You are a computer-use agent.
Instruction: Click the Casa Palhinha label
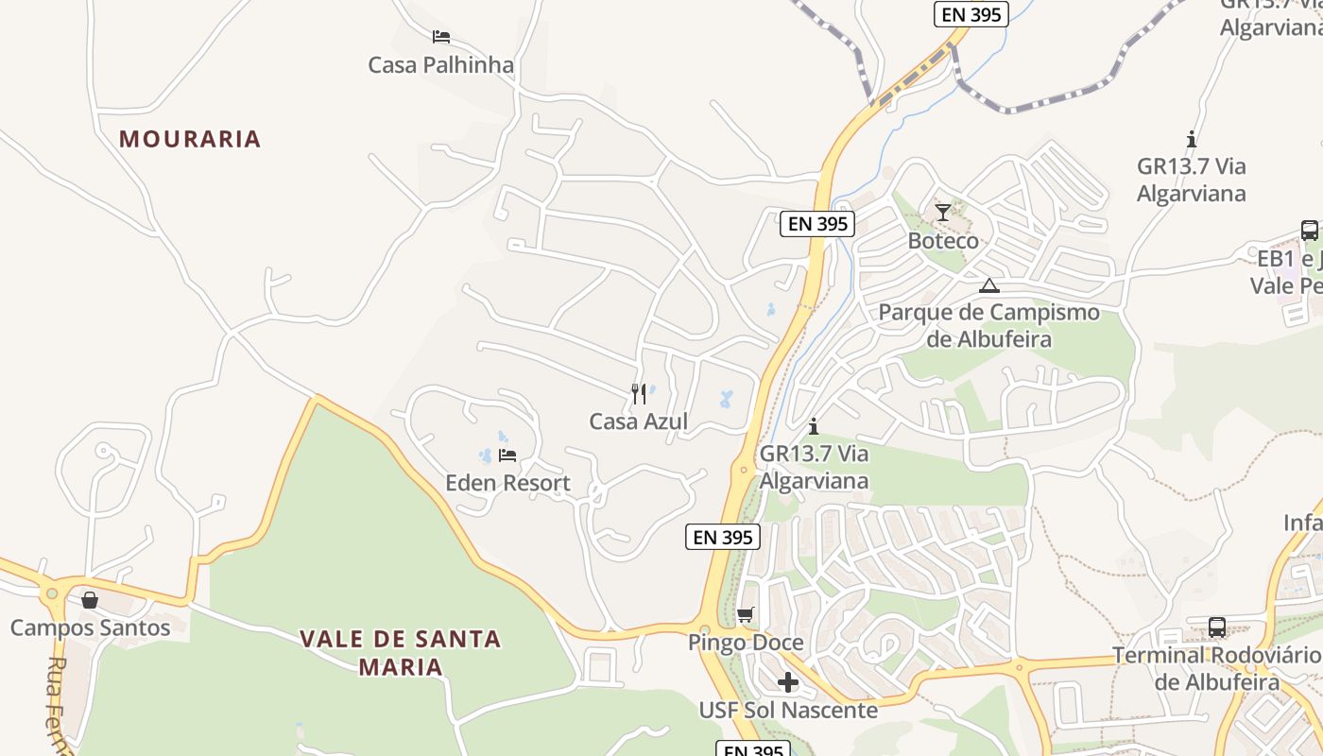coord(440,65)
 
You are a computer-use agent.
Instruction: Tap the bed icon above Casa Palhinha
coord(440,38)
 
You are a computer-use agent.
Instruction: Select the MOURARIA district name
coord(190,139)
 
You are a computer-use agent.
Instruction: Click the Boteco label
coord(943,240)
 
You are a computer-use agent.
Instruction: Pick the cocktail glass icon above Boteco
coord(942,213)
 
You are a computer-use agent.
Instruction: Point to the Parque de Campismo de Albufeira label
coord(988,325)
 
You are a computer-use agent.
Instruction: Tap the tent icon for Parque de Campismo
coord(988,285)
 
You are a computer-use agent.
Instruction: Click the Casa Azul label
coord(639,421)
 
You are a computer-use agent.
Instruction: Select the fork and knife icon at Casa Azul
coord(639,393)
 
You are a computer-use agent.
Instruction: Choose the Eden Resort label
coord(507,483)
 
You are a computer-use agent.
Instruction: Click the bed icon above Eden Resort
coord(507,455)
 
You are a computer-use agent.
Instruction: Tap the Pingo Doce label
coord(746,643)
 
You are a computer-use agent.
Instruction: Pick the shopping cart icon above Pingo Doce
coord(746,615)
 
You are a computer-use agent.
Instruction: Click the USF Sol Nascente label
coord(788,709)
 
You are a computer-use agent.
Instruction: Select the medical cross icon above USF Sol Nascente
coord(788,682)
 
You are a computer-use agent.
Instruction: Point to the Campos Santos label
coord(90,627)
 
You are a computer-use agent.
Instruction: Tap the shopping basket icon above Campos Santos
coord(90,600)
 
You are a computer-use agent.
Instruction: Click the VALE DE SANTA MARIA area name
coord(400,652)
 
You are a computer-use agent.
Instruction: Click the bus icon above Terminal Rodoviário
coord(1217,627)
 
